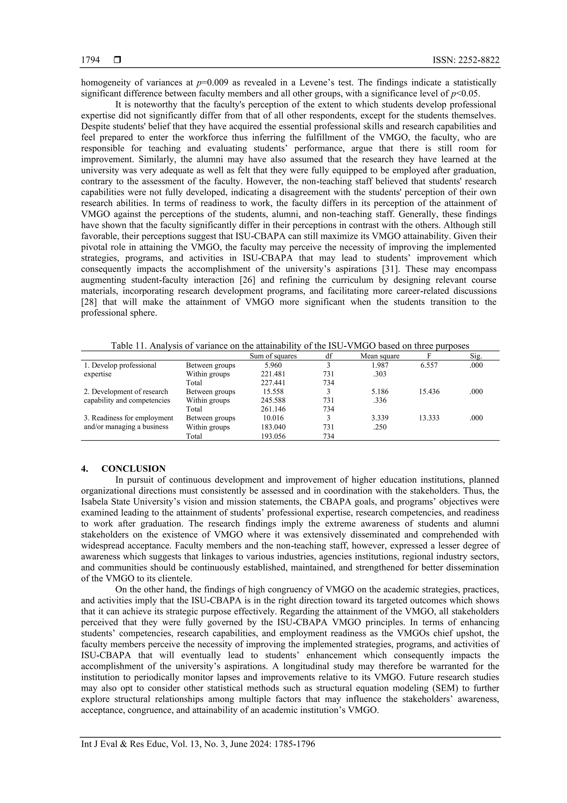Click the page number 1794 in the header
click(x=90, y=60)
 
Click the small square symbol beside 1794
click(x=117, y=60)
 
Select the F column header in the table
click(x=429, y=356)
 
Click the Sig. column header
click(x=476, y=356)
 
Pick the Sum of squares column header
click(x=273, y=356)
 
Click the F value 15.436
click(x=429, y=392)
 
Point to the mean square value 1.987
click(x=380, y=365)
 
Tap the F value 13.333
click(x=429, y=418)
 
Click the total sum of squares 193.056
click(x=273, y=436)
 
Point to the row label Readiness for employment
click(x=128, y=418)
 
